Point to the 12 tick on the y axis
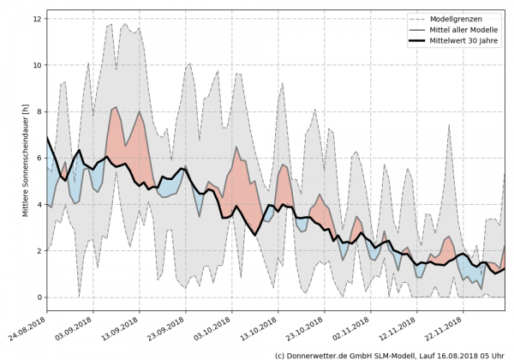37,18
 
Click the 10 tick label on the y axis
37,64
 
